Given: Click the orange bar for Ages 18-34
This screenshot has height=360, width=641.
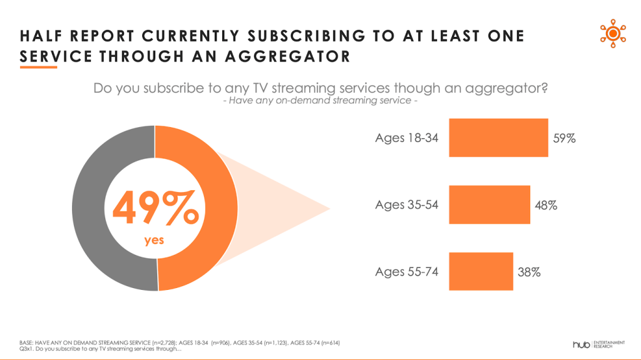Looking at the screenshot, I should click(498, 138).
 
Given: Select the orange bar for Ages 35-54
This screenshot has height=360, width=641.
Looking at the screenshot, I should click(490, 205).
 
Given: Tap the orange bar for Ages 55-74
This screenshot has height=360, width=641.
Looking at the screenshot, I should click(481, 272).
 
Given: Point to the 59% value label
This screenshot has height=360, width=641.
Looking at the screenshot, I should click(564, 138).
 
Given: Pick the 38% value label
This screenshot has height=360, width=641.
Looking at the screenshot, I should click(529, 272).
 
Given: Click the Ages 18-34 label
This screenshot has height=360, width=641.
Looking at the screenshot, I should click(406, 138).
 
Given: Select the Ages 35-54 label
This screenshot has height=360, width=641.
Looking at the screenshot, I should click(406, 205).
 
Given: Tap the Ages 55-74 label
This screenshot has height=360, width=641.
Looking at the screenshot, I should click(406, 272).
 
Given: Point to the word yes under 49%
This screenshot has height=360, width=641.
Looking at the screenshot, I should click(154, 240).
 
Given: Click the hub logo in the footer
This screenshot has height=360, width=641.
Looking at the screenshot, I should click(582, 344).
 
